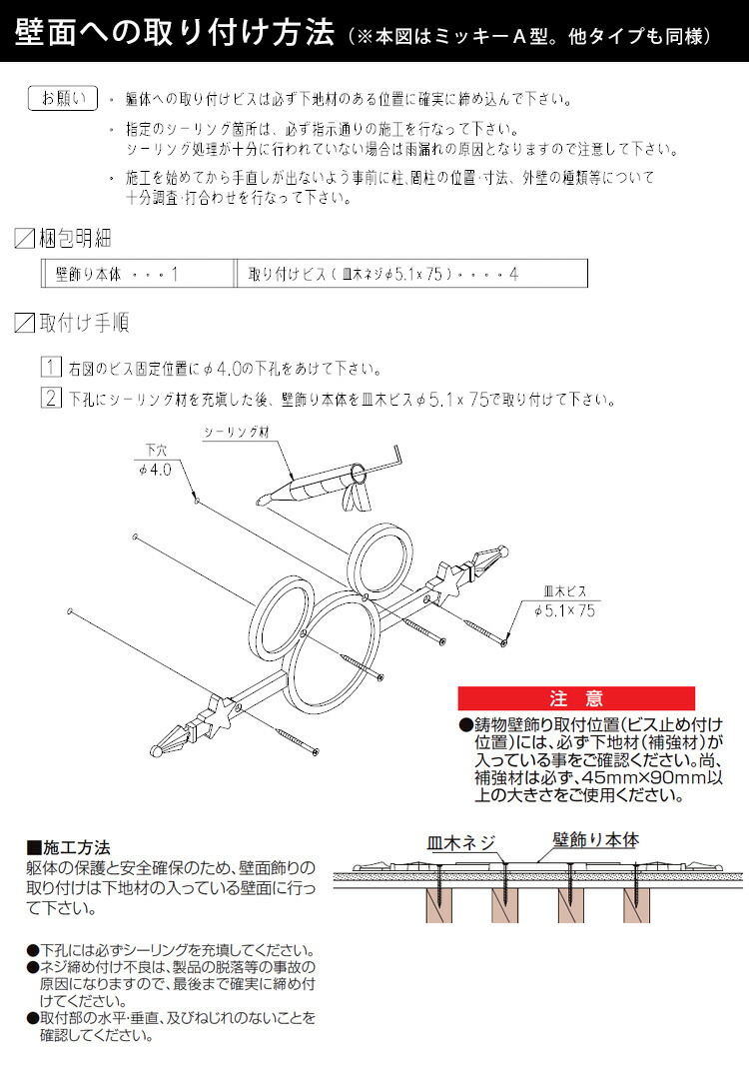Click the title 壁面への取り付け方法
coord(175,35)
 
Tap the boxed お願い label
coord(63,98)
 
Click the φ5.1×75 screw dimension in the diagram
coord(564,610)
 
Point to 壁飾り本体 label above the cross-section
coord(595,840)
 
